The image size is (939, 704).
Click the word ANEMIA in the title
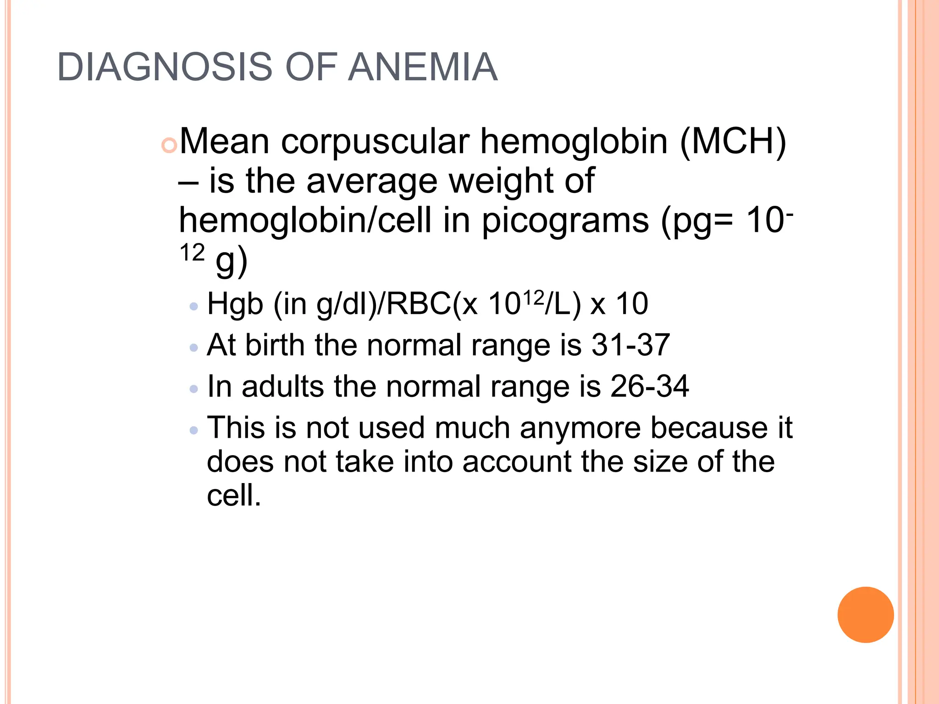click(x=422, y=67)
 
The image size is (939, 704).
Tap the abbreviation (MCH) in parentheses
click(x=733, y=142)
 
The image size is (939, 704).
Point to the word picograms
click(x=565, y=221)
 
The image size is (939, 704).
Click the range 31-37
click(x=630, y=345)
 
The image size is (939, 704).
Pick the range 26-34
click(x=649, y=386)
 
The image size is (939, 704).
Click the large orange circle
click(x=865, y=615)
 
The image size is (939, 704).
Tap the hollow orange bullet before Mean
click(x=169, y=146)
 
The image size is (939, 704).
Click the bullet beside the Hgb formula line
click(x=194, y=306)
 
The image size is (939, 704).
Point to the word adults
click(x=283, y=386)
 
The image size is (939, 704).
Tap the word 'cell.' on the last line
click(x=234, y=495)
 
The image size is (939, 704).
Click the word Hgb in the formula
click(x=235, y=304)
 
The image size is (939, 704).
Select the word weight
click(x=500, y=181)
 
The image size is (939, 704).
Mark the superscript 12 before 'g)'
click(x=192, y=253)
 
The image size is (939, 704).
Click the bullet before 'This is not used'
click(x=194, y=430)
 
